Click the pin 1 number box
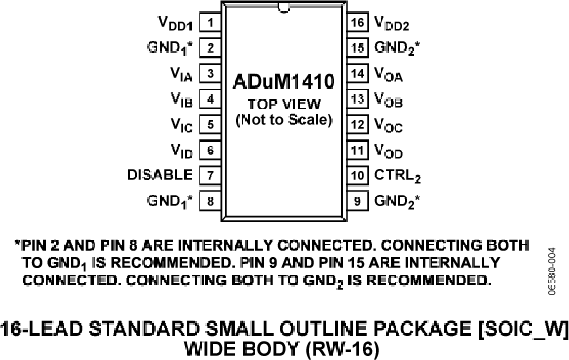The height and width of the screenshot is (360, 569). coord(210,23)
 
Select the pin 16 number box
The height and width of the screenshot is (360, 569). coord(357,22)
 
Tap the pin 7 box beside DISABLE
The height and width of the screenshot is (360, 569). coord(210,175)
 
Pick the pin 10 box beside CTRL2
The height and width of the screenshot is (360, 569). coord(357,175)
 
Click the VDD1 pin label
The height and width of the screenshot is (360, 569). coord(175,23)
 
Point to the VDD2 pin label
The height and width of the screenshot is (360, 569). coord(391,23)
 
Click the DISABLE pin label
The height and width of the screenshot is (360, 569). coord(160,175)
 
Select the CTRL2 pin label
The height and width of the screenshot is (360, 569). coord(398,176)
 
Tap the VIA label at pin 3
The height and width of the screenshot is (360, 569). coord(181,75)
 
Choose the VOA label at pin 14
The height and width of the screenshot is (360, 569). coord(388,75)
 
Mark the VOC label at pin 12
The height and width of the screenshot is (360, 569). coord(388,125)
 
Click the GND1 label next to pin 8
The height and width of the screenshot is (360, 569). coord(170,201)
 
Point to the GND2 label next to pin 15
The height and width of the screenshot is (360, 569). coord(398,48)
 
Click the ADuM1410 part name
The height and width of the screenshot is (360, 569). coord(284,82)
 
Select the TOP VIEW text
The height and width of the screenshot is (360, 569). coord(284,104)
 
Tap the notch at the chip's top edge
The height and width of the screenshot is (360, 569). coord(284,7)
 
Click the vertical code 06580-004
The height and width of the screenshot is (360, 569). coord(551,271)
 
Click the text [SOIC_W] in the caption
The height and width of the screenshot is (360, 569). coord(523,330)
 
